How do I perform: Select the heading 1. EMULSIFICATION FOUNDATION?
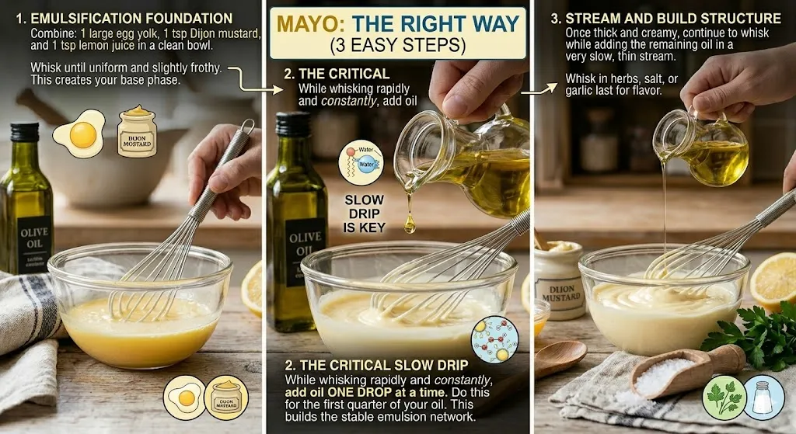(132, 18)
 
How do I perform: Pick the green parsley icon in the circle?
(724, 398)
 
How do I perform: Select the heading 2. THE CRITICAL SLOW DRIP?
(375, 365)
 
